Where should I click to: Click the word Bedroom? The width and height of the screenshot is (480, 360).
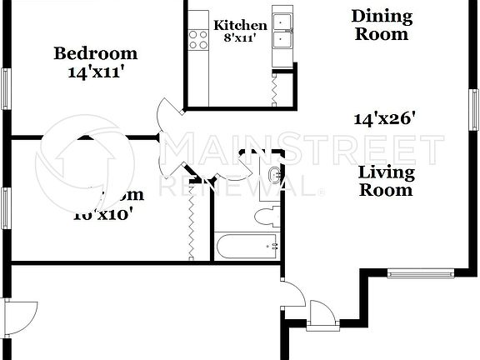(96, 54)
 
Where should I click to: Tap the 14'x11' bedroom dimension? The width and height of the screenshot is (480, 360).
(96, 72)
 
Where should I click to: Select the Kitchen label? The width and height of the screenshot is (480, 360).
(240, 26)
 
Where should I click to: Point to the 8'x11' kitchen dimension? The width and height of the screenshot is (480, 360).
(240, 38)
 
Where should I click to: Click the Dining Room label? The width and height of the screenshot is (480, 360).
(381, 25)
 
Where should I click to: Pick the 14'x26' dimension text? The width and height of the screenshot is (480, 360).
(385, 118)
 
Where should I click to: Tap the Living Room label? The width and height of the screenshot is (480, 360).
(386, 181)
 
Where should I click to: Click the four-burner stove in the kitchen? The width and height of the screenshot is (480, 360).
(198, 38)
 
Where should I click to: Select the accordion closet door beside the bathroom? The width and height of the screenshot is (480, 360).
(192, 222)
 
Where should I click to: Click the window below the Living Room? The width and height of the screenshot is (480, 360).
(421, 272)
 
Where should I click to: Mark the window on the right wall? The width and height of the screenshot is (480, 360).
(473, 109)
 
